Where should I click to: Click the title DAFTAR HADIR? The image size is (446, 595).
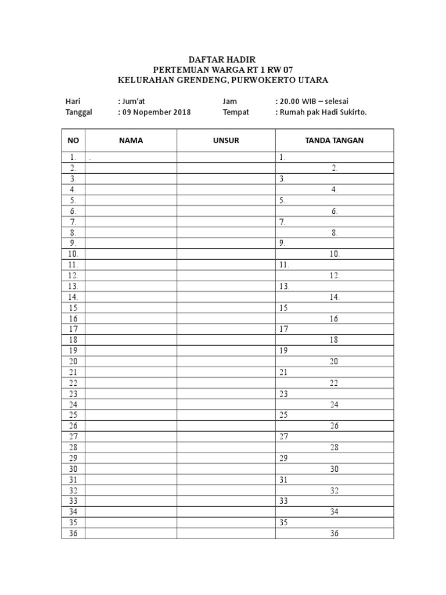click(x=222, y=60)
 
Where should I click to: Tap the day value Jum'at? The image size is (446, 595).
click(x=133, y=101)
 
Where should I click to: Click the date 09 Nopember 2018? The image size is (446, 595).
click(x=156, y=112)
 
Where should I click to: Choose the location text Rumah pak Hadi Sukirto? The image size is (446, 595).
click(x=323, y=112)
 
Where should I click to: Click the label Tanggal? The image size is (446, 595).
click(x=78, y=112)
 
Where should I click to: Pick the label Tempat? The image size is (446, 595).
click(x=236, y=112)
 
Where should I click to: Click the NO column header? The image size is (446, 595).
click(x=73, y=141)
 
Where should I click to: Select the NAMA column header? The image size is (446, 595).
click(x=131, y=141)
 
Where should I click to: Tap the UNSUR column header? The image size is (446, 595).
click(x=226, y=141)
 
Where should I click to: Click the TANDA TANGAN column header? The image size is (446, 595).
click(x=334, y=141)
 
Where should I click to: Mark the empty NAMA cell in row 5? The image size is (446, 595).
click(x=131, y=200)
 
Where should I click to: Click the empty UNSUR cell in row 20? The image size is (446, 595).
click(x=226, y=361)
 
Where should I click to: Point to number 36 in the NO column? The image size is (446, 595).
click(x=73, y=533)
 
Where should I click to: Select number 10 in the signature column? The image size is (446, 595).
click(x=335, y=254)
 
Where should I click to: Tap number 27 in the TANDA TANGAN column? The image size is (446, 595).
click(x=283, y=436)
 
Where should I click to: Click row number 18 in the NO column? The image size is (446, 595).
click(x=73, y=340)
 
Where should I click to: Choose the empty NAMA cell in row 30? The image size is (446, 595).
click(x=131, y=469)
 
